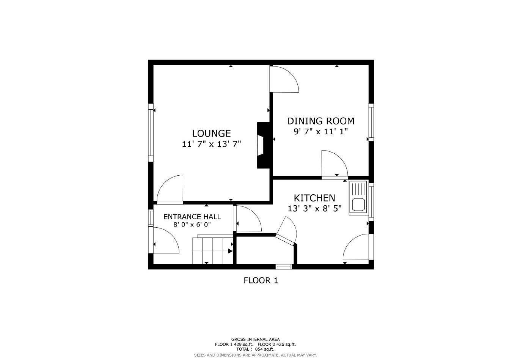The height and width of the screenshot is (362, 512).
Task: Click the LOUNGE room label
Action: [x=211, y=133]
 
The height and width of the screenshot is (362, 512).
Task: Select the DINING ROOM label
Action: [x=320, y=121]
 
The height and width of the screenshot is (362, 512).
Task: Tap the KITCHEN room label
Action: [x=314, y=198]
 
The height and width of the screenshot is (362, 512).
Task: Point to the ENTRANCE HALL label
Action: [x=192, y=217]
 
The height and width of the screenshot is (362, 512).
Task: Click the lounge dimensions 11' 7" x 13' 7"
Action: [x=211, y=144]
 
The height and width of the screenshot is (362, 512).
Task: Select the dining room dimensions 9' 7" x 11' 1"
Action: [x=320, y=132]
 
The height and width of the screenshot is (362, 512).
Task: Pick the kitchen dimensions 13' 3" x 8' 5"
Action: [x=314, y=208]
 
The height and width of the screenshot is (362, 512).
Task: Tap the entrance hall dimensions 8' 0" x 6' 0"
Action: [x=192, y=224]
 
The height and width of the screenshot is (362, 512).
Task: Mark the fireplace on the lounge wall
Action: [x=263, y=145]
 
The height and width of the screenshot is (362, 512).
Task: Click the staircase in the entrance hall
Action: [x=212, y=250]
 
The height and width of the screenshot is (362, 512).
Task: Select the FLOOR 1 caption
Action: [x=261, y=280]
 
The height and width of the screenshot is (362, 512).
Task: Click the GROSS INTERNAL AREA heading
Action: [x=255, y=339]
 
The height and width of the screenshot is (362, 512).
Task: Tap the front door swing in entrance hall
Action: [x=165, y=241]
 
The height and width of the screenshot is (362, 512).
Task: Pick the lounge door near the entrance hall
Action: [x=171, y=189]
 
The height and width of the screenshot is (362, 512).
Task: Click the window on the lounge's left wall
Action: [x=151, y=132]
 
